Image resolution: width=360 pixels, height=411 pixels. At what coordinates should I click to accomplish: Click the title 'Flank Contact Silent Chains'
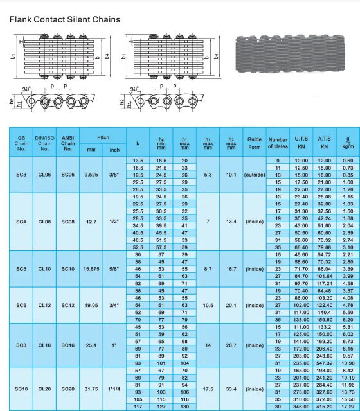tap(64, 19)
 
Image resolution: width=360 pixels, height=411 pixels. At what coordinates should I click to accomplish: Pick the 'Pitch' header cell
tap(103, 138)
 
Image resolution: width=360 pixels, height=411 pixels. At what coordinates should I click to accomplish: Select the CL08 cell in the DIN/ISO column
tap(44, 222)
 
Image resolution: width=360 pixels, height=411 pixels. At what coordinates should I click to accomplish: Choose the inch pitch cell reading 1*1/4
tap(114, 389)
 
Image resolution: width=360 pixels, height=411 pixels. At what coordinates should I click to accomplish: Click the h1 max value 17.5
tap(208, 389)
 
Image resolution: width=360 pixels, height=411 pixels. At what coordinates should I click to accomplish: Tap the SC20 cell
tap(68, 389)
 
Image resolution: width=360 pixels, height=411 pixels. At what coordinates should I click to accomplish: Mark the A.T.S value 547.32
tap(323, 363)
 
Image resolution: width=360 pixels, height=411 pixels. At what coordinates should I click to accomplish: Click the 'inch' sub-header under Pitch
tap(114, 150)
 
